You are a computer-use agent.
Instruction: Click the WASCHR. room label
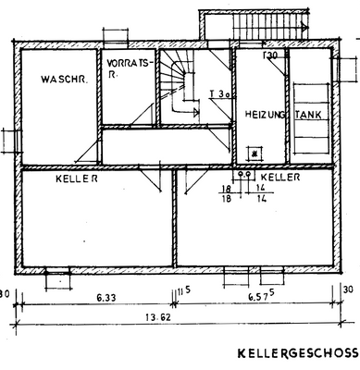point(64,80)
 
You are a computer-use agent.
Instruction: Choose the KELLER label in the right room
point(279,176)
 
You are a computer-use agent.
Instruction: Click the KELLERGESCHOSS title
point(297,353)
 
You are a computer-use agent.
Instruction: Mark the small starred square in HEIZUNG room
point(254,154)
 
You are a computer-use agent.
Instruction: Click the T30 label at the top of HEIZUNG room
point(271,56)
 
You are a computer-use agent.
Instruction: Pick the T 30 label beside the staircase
point(219,93)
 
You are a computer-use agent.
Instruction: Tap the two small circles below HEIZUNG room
point(245,174)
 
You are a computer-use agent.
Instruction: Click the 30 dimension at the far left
point(6,291)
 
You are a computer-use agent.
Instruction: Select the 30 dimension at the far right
point(349,290)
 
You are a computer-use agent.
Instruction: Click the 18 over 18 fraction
point(225,192)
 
